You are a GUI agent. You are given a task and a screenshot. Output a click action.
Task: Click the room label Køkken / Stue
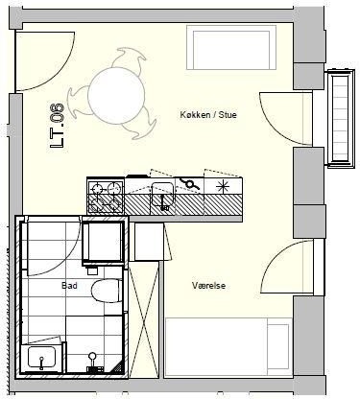pyautogui.click(x=208, y=115)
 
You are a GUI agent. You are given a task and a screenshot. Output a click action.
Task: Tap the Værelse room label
pyautogui.click(x=208, y=286)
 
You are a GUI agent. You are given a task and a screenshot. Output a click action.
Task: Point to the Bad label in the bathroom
pyautogui.click(x=69, y=285)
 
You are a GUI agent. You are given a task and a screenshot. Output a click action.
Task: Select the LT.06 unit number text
pyautogui.click(x=58, y=126)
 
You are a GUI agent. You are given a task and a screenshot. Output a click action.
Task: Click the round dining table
pyautogui.click(x=116, y=96)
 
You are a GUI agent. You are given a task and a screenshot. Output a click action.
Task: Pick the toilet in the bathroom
pyautogui.click(x=107, y=291)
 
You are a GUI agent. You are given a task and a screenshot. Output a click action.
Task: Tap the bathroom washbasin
pyautogui.click(x=41, y=358)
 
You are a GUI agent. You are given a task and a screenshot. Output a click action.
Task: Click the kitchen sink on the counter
pyautogui.click(x=163, y=194)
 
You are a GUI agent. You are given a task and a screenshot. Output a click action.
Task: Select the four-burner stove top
pyautogui.click(x=106, y=196)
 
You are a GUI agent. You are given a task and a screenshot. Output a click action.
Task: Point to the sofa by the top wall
pyautogui.click(x=231, y=48)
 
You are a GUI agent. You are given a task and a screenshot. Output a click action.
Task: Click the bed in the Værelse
pyautogui.click(x=228, y=346)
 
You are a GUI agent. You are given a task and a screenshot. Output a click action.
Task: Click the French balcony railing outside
pyautogui.click(x=340, y=118)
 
